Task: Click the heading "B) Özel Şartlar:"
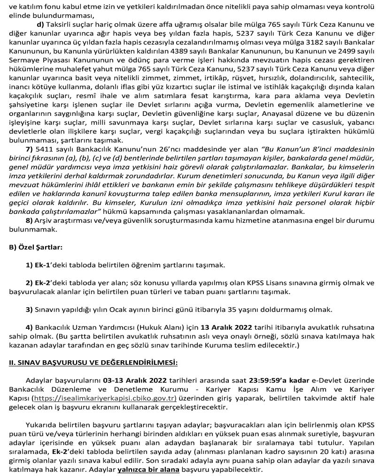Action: point(36,246)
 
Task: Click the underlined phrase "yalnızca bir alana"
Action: point(148,470)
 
